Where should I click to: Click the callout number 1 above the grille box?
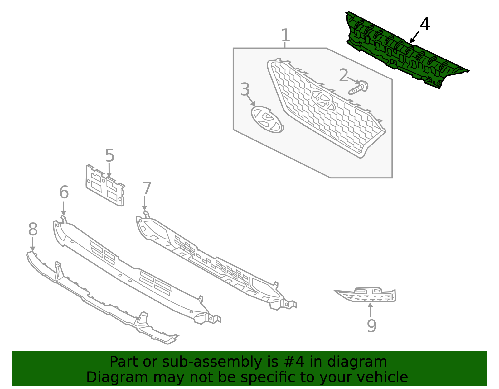pyautogui.click(x=285, y=35)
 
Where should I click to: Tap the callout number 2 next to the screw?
pyautogui.click(x=343, y=75)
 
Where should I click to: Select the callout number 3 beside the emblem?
pyautogui.click(x=245, y=90)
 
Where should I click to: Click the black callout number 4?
pyautogui.click(x=425, y=24)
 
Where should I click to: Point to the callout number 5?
pyautogui.click(x=109, y=155)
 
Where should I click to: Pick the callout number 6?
pyautogui.click(x=64, y=192)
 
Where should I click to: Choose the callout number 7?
pyautogui.click(x=147, y=188)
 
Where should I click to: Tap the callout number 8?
pyautogui.click(x=33, y=230)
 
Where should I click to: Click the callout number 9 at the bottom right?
pyautogui.click(x=371, y=326)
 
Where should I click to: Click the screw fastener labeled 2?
pyautogui.click(x=359, y=88)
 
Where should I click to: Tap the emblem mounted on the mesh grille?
pyautogui.click(x=323, y=101)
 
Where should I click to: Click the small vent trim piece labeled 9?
pyautogui.click(x=368, y=295)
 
